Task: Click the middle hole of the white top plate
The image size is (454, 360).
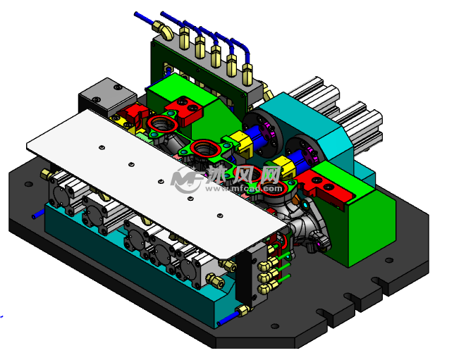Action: click(161, 182)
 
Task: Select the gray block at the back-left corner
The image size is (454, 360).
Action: click(108, 97)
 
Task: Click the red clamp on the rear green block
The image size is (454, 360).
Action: click(184, 111)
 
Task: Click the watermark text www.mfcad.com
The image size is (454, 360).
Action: click(244, 189)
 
